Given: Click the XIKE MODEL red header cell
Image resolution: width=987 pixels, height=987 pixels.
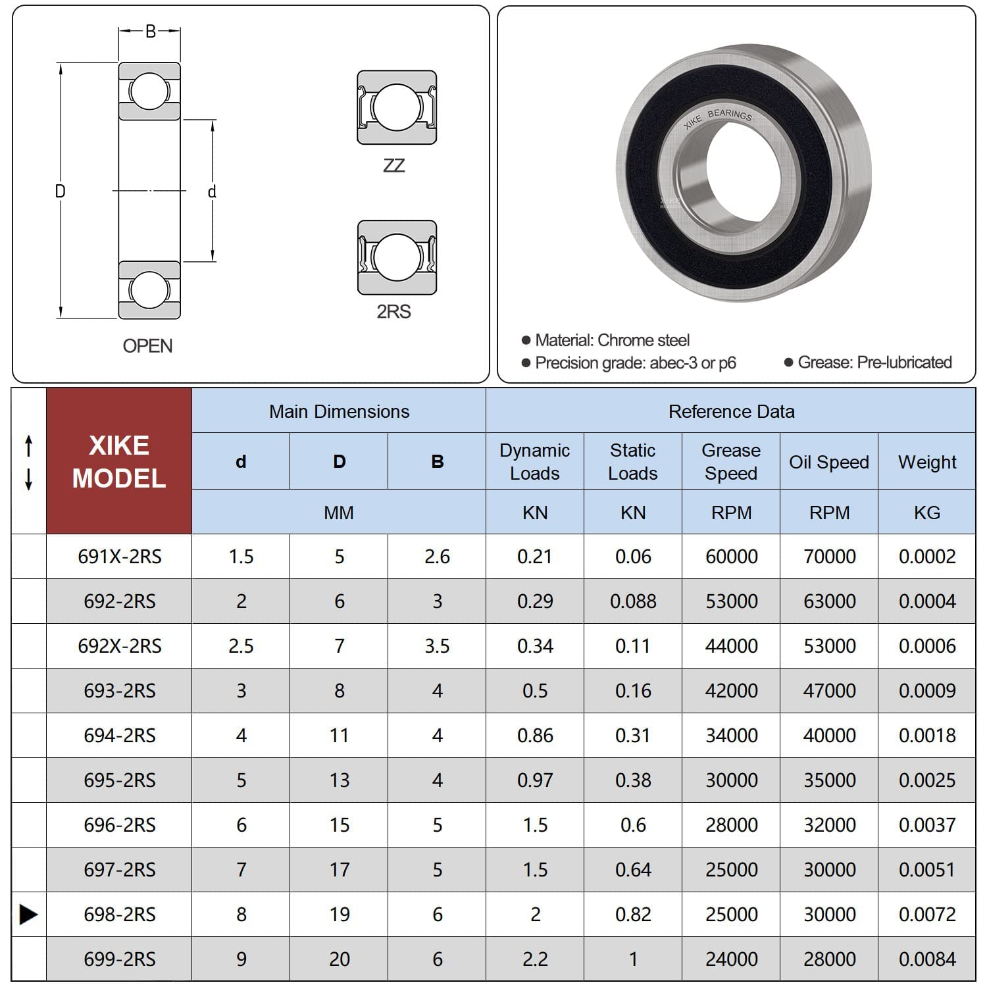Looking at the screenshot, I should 119,461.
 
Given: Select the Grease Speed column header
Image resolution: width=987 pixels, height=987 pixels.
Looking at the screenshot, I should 730,461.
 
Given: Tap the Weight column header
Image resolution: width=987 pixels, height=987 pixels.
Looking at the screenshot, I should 926,462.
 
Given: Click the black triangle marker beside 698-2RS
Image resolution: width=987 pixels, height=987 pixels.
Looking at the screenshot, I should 28,914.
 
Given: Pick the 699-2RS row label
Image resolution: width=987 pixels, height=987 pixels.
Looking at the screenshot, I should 119,959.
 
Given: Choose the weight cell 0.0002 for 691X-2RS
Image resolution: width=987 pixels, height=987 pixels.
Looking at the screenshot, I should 926,557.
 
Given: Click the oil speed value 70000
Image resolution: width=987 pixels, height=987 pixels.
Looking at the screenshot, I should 829,557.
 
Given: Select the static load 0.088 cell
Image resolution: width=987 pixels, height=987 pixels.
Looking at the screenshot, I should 632,601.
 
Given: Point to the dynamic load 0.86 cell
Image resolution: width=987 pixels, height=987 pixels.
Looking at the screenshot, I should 534,735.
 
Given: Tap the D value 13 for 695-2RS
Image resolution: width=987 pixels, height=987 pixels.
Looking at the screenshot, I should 339,780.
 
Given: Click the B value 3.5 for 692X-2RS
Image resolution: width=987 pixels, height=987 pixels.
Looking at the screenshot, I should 437,646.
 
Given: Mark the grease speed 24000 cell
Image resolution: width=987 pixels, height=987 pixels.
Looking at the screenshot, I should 730,959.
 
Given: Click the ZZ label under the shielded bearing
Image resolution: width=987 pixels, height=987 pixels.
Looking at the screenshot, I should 394,165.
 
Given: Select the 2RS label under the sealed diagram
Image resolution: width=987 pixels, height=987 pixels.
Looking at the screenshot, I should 393,311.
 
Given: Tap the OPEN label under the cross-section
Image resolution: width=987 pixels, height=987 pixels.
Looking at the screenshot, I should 147,345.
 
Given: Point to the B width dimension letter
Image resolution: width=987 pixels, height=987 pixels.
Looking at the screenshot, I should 150,32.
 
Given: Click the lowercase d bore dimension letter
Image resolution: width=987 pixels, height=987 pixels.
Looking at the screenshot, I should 212,191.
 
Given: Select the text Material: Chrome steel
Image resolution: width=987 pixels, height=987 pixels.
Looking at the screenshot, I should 612,340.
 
